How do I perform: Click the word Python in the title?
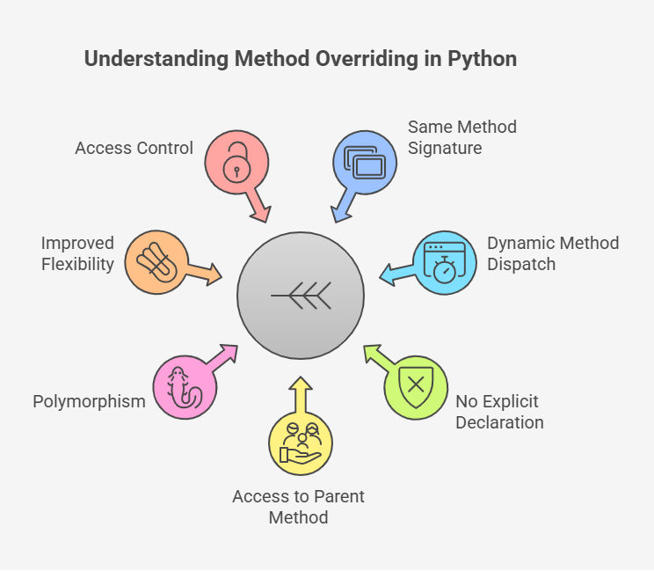(x=483, y=59)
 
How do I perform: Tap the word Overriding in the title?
(x=367, y=59)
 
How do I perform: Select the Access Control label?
(x=134, y=148)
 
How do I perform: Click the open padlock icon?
(x=236, y=163)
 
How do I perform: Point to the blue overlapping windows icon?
(x=365, y=163)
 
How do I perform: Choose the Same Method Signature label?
(x=462, y=137)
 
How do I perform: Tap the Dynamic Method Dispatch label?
(x=553, y=253)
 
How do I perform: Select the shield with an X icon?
(x=416, y=387)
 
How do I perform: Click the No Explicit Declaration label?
(x=499, y=412)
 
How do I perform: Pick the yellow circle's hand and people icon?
(x=301, y=443)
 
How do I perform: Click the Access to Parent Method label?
(x=298, y=507)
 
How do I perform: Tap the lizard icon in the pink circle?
(x=184, y=388)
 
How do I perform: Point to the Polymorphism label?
(x=89, y=401)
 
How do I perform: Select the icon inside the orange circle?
(x=156, y=262)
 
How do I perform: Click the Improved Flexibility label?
(x=77, y=253)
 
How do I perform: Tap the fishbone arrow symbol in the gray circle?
(x=301, y=296)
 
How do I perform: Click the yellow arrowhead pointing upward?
(x=301, y=384)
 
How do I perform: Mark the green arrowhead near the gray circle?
(x=373, y=354)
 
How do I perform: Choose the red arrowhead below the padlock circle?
(x=262, y=214)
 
